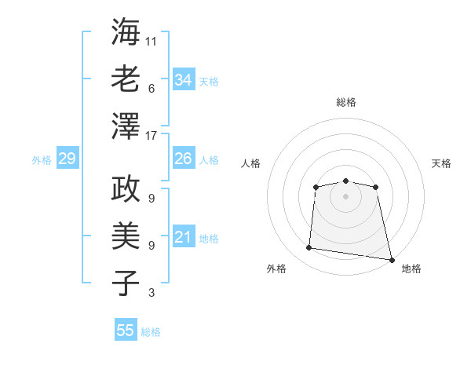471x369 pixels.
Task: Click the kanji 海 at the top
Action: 126,32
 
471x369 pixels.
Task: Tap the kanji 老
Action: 126,79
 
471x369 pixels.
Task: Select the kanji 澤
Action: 126,125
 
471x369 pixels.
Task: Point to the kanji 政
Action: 126,189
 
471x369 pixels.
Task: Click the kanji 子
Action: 126,282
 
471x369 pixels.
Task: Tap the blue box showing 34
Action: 184,79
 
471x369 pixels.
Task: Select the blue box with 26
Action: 184,159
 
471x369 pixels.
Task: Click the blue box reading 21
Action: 184,237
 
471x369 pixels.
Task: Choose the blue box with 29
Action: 67,159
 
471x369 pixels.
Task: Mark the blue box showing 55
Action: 126,331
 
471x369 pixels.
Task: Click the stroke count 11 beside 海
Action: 152,40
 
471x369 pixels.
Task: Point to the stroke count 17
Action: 152,136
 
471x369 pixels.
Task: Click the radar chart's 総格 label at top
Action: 345,102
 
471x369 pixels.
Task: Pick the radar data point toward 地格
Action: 391,259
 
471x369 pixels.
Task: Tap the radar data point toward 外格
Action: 309,248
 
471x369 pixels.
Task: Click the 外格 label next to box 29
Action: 42,160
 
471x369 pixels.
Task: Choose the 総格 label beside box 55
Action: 151,331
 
